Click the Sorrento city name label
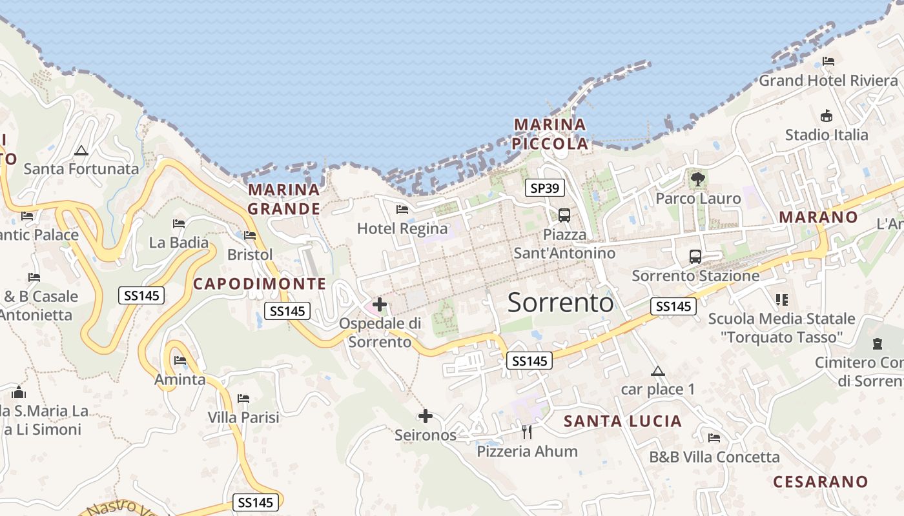point(560,302)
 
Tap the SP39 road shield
point(545,188)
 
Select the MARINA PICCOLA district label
point(550,134)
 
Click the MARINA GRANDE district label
point(284,199)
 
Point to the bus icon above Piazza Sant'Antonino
point(564,215)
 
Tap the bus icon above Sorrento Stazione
point(695,256)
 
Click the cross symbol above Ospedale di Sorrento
point(380,304)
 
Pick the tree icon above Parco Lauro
point(697,179)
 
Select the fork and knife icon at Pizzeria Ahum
point(527,432)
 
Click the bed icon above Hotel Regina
point(402,209)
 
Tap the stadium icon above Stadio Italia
point(826,116)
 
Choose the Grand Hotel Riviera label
point(828,81)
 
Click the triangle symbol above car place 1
point(657,371)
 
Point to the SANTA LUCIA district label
point(622,421)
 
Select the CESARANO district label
point(820,481)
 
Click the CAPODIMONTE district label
point(260,283)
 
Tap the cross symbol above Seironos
point(425,416)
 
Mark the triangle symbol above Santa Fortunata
point(81,151)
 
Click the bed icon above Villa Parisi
point(243,399)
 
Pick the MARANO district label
point(817,217)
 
